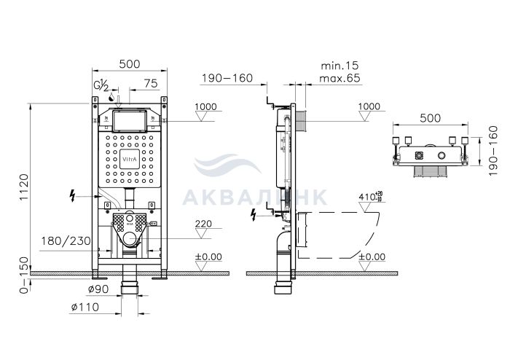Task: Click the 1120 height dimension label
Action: pyautogui.click(x=24, y=187)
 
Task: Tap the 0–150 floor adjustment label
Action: pyautogui.click(x=24, y=275)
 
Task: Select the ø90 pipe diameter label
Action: pyautogui.click(x=99, y=289)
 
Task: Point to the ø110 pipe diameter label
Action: pyautogui.click(x=85, y=307)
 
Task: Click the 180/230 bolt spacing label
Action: pyautogui.click(x=66, y=241)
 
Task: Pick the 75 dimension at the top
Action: pyautogui.click(x=151, y=84)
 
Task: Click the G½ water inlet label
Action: pyautogui.click(x=101, y=85)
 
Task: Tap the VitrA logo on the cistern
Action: pyautogui.click(x=130, y=159)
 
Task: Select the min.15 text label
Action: pyautogui.click(x=340, y=66)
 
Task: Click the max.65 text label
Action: pyautogui.click(x=340, y=79)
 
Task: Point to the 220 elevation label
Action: pyautogui.click(x=203, y=224)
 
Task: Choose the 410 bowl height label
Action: pyautogui.click(x=370, y=197)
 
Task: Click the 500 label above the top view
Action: pyautogui.click(x=430, y=118)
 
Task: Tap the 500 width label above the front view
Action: pyautogui.click(x=130, y=64)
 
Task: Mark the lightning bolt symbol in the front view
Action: pyautogui.click(x=73, y=196)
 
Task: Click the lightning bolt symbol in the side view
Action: pyautogui.click(x=254, y=215)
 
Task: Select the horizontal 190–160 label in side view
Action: pyautogui.click(x=227, y=79)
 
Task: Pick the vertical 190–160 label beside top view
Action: pyautogui.click(x=493, y=151)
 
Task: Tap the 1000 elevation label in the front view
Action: pyautogui.click(x=205, y=106)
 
